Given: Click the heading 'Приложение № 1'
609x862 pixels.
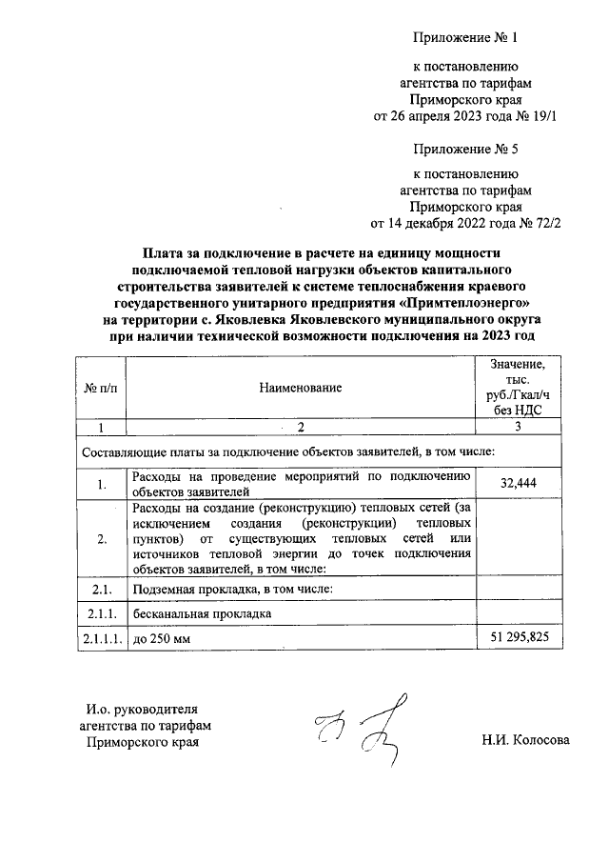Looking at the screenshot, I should [465, 38].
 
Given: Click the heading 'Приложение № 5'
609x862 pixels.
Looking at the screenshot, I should [465, 150].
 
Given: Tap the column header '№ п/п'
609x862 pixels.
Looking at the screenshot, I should [100, 388].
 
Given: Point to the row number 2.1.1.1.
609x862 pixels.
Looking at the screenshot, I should [100, 637].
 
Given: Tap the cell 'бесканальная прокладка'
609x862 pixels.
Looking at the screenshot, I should [202, 613].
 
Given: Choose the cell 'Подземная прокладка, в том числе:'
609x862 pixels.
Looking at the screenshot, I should [232, 590].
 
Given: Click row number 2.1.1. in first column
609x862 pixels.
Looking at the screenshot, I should [100, 613].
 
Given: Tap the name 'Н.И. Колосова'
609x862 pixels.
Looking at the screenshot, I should [525, 739].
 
